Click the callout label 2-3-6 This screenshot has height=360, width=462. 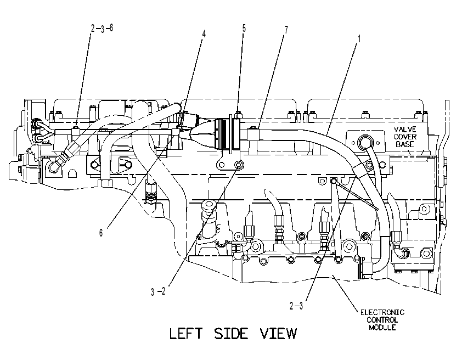pos(102,29)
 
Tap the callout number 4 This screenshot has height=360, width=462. pos(204,33)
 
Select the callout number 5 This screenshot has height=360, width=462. pos(244,29)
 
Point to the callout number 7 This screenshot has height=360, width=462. pos(286,30)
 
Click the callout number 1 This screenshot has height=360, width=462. pos(359,38)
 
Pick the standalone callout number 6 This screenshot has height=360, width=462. pos(101,233)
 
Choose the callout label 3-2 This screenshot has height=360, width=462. pos(158,291)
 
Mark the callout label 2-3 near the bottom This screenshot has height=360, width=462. pos(296,306)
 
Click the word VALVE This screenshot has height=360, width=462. pos(405,129)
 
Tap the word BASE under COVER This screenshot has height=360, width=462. pos(405,144)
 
